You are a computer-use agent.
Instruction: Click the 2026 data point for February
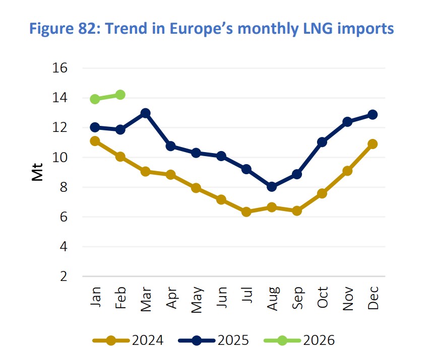tap(120, 95)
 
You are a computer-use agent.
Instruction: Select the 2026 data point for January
tap(95, 99)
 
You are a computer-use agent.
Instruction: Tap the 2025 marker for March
tap(145, 113)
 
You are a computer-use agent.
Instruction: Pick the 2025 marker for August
tap(272, 187)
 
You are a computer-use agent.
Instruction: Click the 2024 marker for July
tap(246, 212)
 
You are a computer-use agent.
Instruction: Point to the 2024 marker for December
tap(373, 144)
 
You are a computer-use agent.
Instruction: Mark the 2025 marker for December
tap(373, 115)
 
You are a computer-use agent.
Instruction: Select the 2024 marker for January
tap(95, 141)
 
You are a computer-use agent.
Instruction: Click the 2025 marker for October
tap(322, 142)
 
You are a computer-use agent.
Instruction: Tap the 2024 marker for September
tap(297, 211)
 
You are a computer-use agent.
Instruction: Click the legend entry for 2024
tap(128, 340)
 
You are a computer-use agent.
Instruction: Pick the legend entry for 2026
tap(299, 340)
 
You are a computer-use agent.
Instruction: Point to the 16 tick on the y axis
tap(60, 68)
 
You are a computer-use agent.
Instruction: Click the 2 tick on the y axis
tap(63, 277)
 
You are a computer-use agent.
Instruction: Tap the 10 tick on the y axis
tap(60, 158)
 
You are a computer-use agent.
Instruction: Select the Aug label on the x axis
tap(272, 299)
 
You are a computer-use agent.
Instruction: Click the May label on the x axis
tap(196, 299)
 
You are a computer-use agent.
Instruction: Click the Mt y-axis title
tap(37, 173)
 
